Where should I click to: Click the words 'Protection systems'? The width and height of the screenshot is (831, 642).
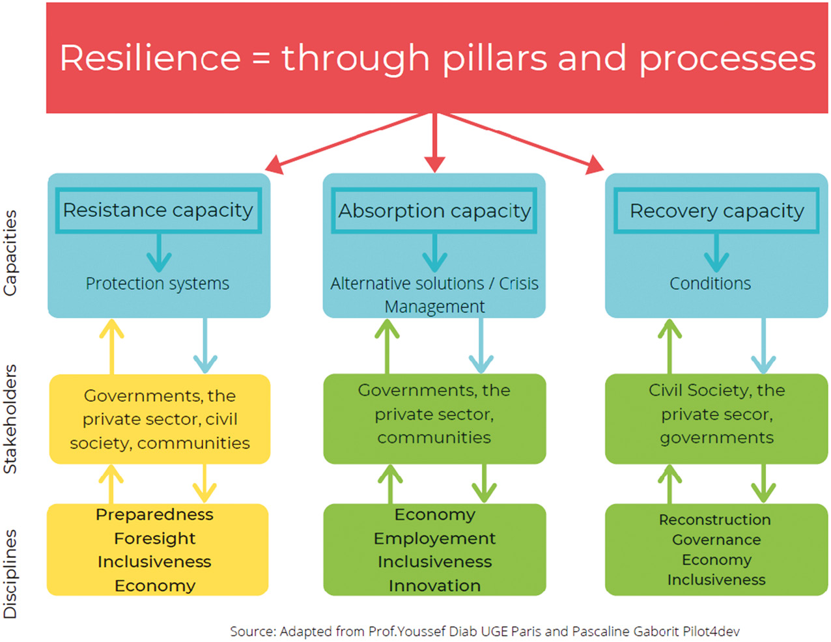click(157, 284)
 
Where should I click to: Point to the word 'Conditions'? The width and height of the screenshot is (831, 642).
click(710, 284)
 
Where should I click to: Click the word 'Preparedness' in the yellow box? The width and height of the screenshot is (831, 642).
click(154, 515)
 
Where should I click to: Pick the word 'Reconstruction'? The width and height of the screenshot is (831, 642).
click(714, 520)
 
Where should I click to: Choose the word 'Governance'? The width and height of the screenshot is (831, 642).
click(716, 540)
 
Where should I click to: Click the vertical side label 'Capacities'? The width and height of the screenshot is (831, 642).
click(10, 253)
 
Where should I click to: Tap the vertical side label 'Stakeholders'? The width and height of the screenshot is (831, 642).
click(10, 419)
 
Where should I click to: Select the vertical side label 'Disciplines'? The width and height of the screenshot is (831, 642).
click(10, 574)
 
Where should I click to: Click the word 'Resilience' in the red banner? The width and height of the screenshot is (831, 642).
click(150, 58)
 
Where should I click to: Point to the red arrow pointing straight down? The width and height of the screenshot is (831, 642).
click(435, 143)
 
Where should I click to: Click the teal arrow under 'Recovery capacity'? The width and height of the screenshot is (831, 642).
click(716, 253)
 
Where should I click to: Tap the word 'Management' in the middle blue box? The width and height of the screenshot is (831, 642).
click(434, 307)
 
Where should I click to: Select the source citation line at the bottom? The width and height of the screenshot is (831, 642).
click(485, 632)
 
